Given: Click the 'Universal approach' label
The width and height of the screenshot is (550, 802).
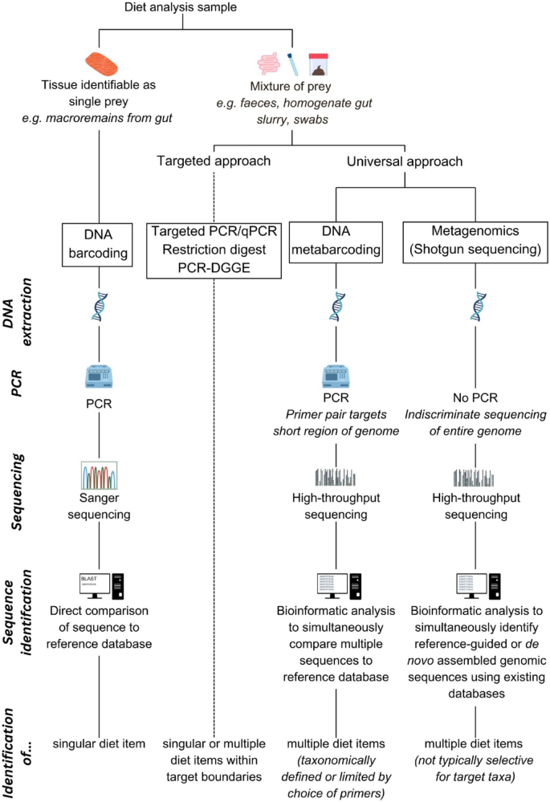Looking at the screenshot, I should pos(405,161).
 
